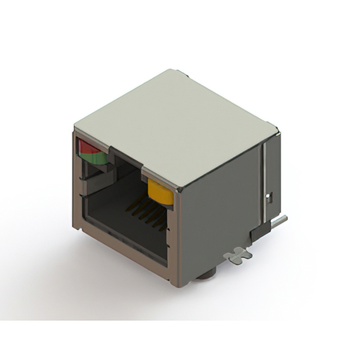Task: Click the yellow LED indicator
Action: pos(160,192)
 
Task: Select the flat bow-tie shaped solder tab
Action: pos(237,255)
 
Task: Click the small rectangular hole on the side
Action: pos(269,197)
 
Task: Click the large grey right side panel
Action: pos(219,208)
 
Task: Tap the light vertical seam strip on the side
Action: pos(262,180)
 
